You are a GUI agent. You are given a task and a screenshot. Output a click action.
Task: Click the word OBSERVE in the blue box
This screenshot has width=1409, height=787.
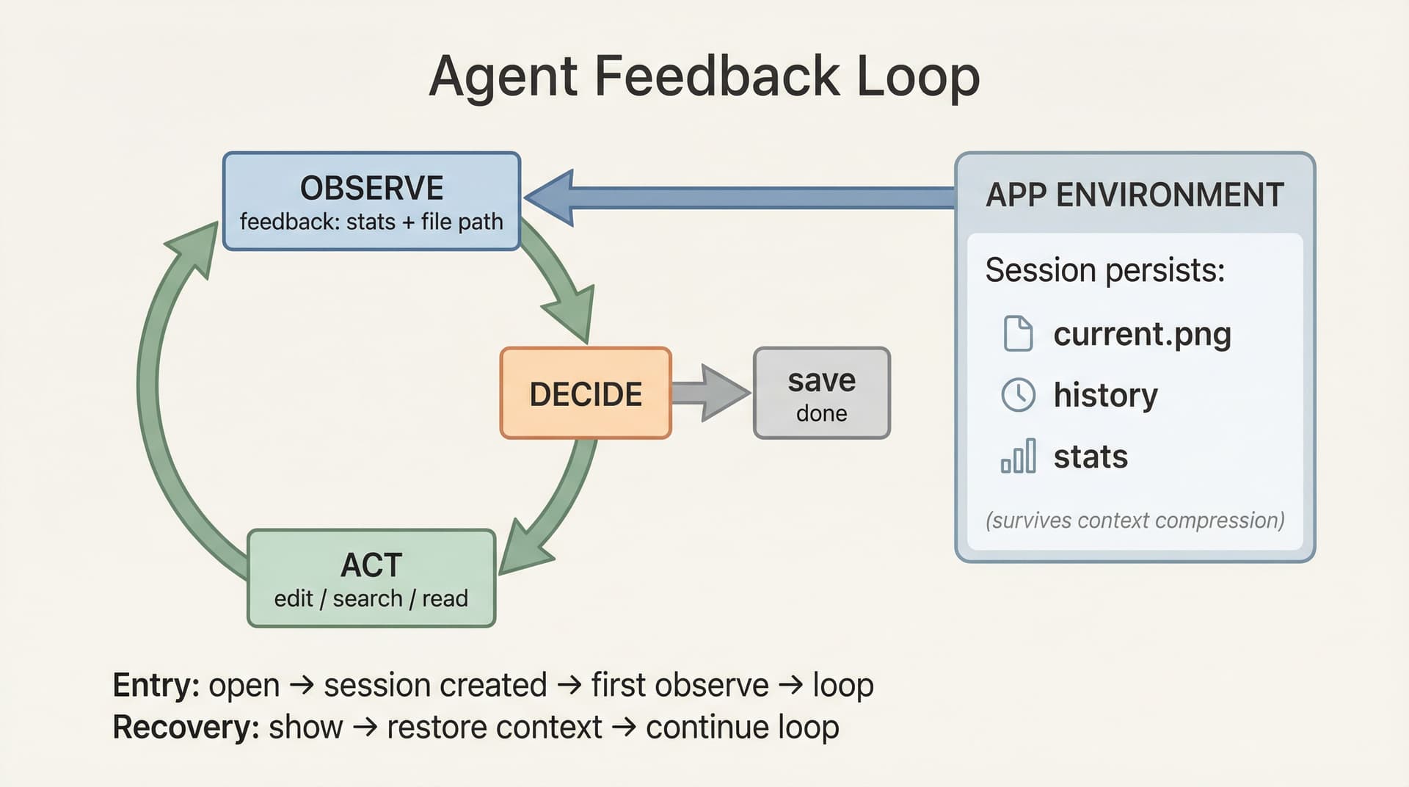371,189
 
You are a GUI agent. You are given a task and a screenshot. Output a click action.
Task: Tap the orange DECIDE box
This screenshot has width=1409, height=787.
586,394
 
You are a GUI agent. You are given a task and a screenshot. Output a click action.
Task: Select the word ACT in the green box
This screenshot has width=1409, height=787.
371,565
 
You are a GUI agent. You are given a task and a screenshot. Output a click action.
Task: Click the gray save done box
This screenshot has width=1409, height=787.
822,394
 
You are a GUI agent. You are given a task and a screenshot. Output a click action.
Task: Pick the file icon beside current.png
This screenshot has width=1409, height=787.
1018,334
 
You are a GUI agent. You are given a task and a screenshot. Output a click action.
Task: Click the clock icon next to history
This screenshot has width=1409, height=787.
1018,395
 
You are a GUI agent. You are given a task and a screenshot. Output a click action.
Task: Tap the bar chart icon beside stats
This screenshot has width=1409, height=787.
1018,456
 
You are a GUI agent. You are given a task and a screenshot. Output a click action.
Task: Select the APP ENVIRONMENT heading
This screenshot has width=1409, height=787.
1135,195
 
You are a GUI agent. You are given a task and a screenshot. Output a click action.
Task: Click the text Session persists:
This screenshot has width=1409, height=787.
1104,270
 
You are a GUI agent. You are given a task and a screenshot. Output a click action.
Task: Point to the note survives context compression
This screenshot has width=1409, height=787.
1135,521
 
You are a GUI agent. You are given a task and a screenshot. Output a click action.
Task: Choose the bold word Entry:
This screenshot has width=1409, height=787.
156,686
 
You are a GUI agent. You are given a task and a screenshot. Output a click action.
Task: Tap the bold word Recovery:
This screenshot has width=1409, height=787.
186,728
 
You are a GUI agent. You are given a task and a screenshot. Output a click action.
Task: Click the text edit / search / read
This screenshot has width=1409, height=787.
371,599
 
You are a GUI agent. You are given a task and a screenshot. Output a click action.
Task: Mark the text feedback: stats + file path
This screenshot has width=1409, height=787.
371,222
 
